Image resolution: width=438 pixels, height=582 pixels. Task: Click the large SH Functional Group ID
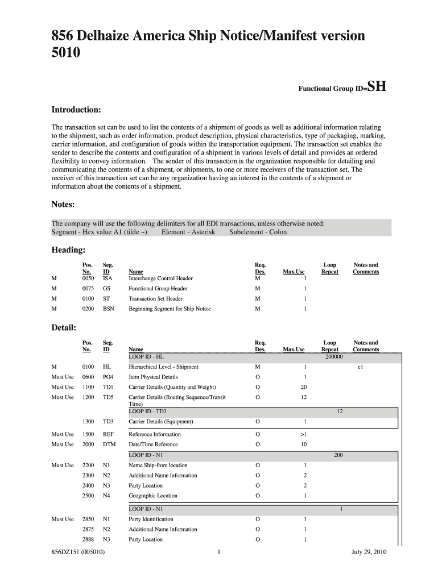[x=377, y=87]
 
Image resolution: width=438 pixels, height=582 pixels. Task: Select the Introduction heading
[x=77, y=109]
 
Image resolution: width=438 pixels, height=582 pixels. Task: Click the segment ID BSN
[x=108, y=309]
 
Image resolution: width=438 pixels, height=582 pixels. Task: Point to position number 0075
[x=88, y=289]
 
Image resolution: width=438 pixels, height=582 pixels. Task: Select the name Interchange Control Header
[x=160, y=278]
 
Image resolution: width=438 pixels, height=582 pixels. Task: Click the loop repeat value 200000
[x=334, y=357]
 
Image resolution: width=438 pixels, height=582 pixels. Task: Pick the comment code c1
[x=360, y=367]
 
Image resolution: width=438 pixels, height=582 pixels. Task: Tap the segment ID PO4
[x=108, y=377]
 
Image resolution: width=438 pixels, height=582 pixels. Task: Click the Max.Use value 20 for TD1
[x=304, y=388]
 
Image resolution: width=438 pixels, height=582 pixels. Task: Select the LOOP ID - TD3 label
[x=148, y=411]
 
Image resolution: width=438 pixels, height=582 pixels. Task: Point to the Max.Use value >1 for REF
[x=304, y=434]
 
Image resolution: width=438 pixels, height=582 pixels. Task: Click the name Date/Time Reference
[x=153, y=444]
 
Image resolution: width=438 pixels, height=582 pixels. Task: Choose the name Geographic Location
[x=153, y=496]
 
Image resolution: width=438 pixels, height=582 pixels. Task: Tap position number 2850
[x=88, y=519]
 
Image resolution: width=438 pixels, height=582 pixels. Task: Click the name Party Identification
[x=151, y=519]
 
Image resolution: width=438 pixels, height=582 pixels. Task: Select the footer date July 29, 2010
[x=368, y=567]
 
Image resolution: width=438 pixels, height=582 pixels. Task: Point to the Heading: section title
[x=69, y=250]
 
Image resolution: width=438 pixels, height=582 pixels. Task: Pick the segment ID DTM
[x=109, y=444]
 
